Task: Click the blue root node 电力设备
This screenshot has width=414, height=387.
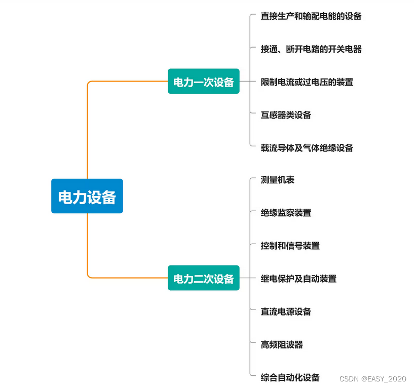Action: pyautogui.click(x=87, y=196)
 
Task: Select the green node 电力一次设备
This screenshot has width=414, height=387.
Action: pyautogui.click(x=203, y=82)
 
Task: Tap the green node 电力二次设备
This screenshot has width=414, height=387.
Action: pyautogui.click(x=203, y=278)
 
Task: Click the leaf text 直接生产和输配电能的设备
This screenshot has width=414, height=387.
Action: pyautogui.click(x=311, y=16)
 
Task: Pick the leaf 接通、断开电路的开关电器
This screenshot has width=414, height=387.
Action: pyautogui.click(x=311, y=49)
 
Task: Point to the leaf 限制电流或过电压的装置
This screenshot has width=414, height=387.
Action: pyautogui.click(x=307, y=82)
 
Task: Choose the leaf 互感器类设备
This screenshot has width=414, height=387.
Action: pyautogui.click(x=286, y=115)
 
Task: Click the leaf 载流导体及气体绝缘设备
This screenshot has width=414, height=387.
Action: pyautogui.click(x=307, y=148)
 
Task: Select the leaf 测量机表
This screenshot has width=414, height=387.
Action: pyautogui.click(x=277, y=180)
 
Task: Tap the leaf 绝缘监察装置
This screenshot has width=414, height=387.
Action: pyautogui.click(x=286, y=213)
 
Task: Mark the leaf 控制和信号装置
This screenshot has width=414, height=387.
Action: pyautogui.click(x=290, y=246)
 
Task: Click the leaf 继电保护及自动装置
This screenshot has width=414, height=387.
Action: pyautogui.click(x=298, y=279)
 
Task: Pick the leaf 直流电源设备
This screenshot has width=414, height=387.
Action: pyautogui.click(x=286, y=312)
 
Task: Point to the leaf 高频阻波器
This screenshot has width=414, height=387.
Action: pyautogui.click(x=282, y=344)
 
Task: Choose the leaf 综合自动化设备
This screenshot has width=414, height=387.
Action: pyautogui.click(x=290, y=377)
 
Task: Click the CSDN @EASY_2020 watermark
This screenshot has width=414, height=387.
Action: pyautogui.click(x=372, y=378)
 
